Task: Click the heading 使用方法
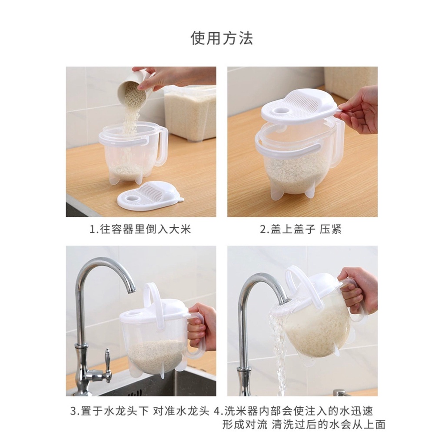[x=222, y=38]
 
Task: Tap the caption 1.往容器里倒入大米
[x=140, y=229]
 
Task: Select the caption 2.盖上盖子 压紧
[x=301, y=229]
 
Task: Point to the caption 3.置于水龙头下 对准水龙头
[x=140, y=411]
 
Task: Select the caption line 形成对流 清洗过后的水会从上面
[x=304, y=425]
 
